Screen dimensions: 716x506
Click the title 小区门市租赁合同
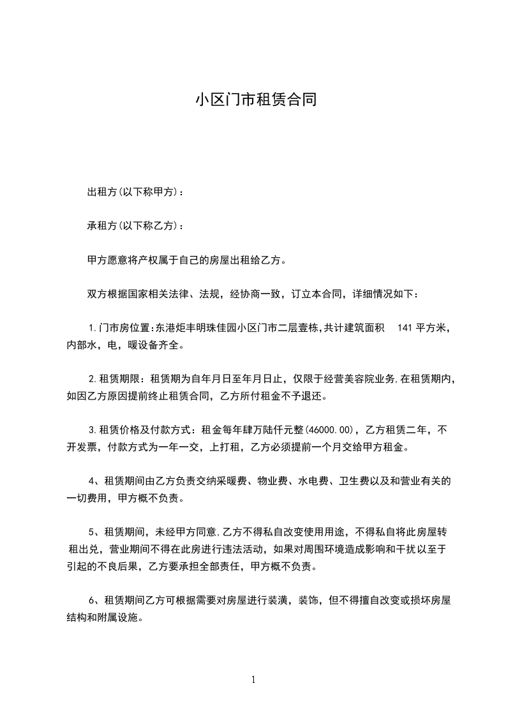[x=255, y=100]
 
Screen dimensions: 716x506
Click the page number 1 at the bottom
[x=253, y=680]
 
